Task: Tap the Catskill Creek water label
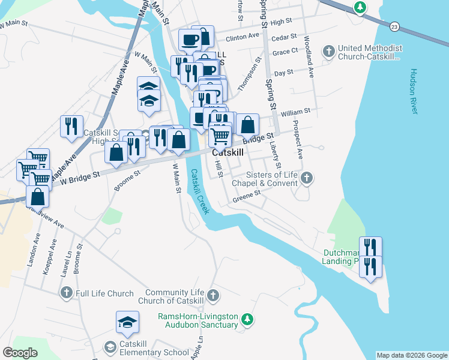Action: click(199, 191)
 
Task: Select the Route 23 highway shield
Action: click(394, 26)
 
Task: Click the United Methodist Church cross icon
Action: click(328, 52)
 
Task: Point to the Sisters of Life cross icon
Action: click(307, 177)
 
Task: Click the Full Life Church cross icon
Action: click(67, 293)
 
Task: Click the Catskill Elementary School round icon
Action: click(110, 347)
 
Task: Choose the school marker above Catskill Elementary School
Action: click(127, 323)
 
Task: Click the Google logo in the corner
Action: click(20, 353)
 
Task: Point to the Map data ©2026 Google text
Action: click(411, 355)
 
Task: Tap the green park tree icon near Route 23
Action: click(360, 8)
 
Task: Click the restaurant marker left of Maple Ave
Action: click(71, 126)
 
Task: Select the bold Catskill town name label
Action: click(228, 153)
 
